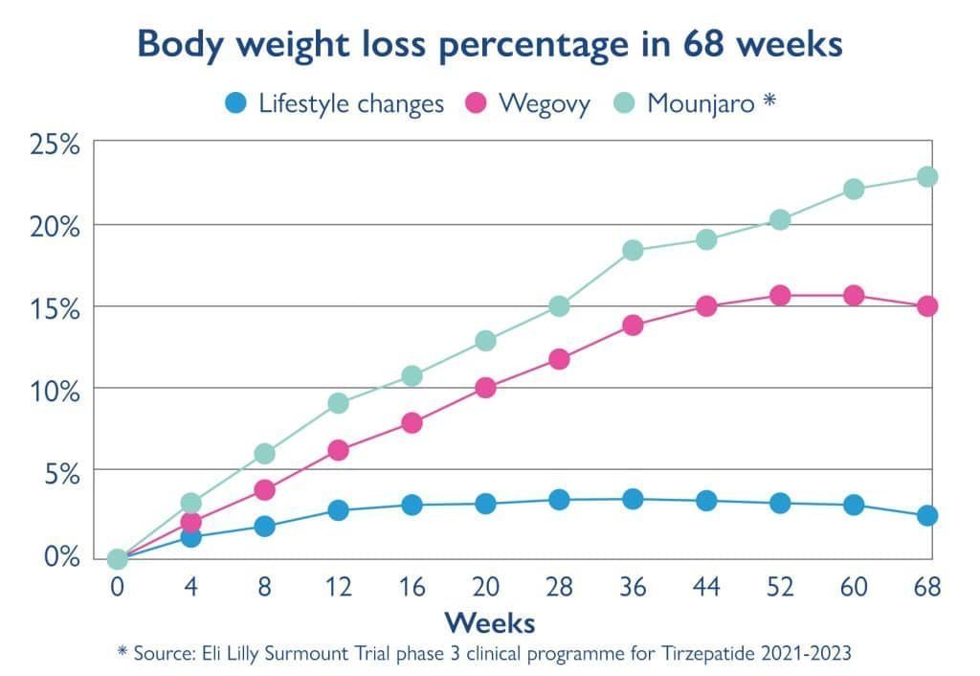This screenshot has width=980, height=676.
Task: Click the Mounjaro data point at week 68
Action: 926,176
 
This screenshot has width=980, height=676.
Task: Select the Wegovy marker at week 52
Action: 780,295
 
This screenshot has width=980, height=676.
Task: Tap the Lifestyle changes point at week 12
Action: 338,510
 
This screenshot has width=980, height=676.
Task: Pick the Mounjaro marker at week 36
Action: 633,250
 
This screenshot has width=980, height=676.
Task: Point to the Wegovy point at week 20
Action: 485,388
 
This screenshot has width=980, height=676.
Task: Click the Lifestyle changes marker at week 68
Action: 926,515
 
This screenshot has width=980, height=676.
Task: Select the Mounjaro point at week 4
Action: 190,503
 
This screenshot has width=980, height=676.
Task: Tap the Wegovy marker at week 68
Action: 926,306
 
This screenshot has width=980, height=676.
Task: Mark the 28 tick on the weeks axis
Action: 559,587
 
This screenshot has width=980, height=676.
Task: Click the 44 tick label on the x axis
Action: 706,587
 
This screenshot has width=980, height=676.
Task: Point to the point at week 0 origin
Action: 117,558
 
